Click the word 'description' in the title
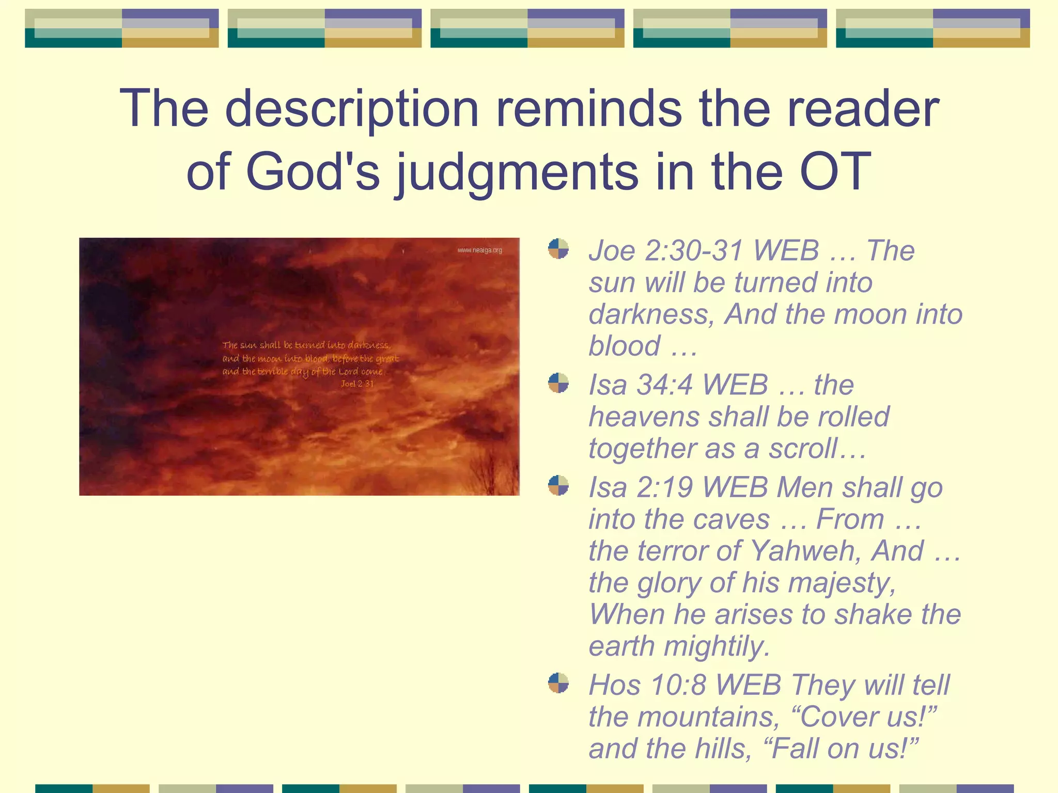point(352,109)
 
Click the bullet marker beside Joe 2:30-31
point(558,248)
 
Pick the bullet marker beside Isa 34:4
point(558,383)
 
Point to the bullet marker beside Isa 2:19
point(558,485)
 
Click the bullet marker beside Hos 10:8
point(558,683)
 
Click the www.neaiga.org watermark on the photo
point(479,250)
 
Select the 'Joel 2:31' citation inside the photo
point(357,384)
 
